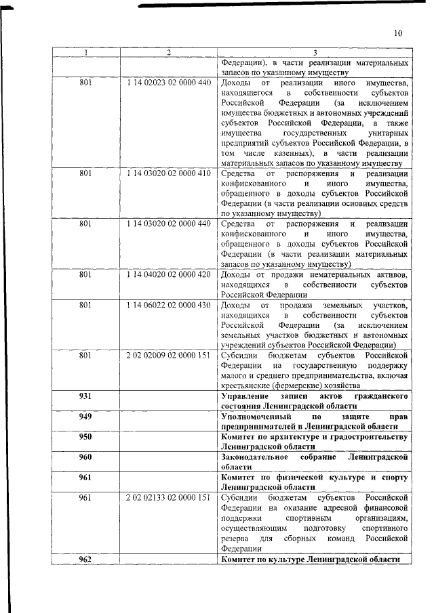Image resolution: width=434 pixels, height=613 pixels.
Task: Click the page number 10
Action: coord(397,33)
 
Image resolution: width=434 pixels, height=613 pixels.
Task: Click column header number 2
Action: coord(168,52)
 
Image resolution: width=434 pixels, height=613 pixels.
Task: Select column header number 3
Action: coord(315,52)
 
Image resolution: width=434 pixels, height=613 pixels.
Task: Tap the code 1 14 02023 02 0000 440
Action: coord(168,83)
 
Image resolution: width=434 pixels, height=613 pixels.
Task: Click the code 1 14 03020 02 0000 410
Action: coord(168,174)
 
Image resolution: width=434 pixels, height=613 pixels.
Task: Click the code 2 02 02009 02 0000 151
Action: coord(168,354)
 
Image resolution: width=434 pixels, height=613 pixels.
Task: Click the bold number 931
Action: coord(85,395)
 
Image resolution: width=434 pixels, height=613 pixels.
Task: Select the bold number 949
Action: coord(85,416)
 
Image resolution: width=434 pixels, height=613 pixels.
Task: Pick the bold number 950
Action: coord(85,437)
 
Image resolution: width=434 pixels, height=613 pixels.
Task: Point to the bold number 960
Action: coord(85,457)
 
